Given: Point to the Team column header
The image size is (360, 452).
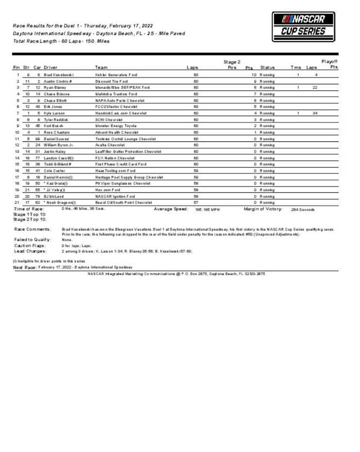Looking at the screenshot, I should pyautogui.click(x=101, y=67).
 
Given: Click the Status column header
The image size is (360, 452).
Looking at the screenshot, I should pyautogui.click(x=267, y=67).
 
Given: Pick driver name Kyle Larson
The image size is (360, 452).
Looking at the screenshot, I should pyautogui.click(x=55, y=113).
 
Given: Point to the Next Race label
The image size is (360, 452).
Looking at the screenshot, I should pyautogui.click(x=24, y=267).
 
